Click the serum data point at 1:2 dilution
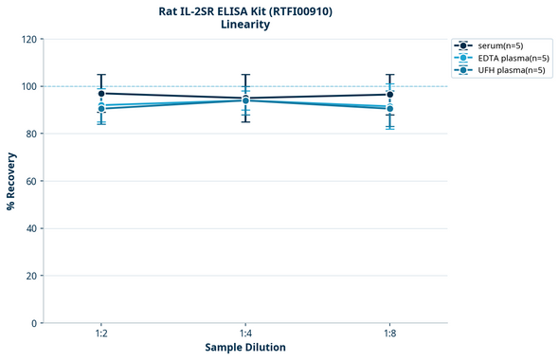click(101, 93)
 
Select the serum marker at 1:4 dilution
click(245, 99)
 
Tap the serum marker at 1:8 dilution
click(389, 94)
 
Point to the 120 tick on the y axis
click(30, 39)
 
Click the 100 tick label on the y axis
click(30, 86)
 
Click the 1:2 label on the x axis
click(101, 334)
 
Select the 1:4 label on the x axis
click(245, 334)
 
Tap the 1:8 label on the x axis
click(389, 334)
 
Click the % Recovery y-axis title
click(11, 180)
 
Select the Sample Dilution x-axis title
click(245, 348)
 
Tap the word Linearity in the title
click(244, 25)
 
